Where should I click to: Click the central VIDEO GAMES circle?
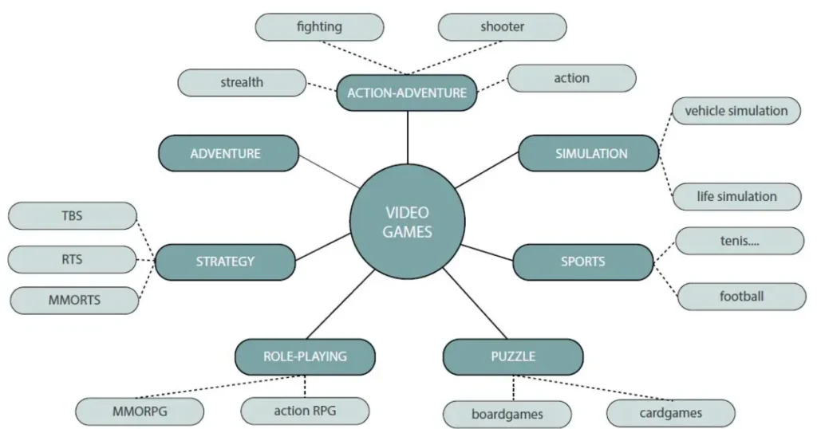[x=407, y=222]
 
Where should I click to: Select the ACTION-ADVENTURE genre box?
[x=407, y=92]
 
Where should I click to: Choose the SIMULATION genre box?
[x=589, y=153]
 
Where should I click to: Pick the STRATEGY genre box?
[x=225, y=262]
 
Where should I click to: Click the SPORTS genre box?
[x=583, y=262]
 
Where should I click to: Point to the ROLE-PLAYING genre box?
[x=305, y=356]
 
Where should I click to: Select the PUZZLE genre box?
[x=513, y=356]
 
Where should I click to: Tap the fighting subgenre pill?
[x=319, y=27]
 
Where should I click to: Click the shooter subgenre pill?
[x=503, y=27]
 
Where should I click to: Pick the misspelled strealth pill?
[x=242, y=83]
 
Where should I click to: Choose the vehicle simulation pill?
[x=736, y=111]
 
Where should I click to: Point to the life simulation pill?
[x=736, y=197]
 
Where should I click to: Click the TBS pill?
[x=73, y=216]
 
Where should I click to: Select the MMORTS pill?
[x=74, y=301]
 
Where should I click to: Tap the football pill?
[x=742, y=297]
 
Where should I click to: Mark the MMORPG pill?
[x=140, y=411]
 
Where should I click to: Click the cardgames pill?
[x=671, y=413]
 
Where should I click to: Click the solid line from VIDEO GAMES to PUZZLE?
[x=475, y=303]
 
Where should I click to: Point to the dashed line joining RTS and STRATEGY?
[x=146, y=260]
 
